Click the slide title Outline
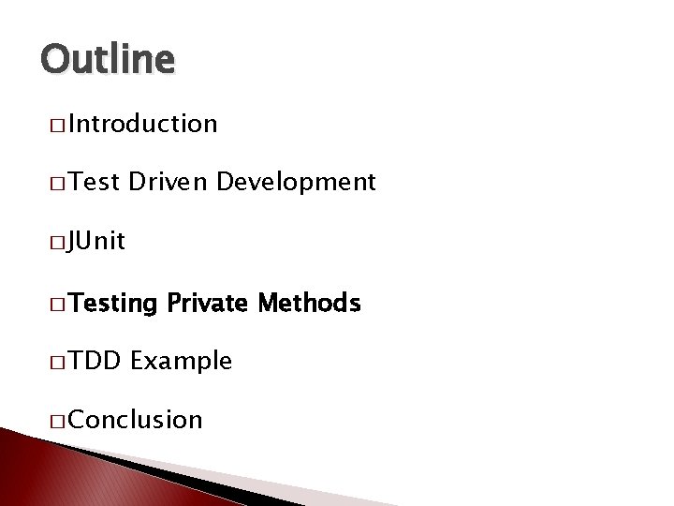coord(108,59)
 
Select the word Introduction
coord(142,124)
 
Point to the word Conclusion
coord(135,420)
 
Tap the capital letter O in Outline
coord(54,59)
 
